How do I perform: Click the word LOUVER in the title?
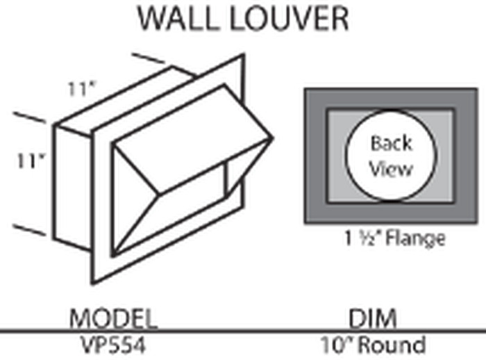[x=290, y=19]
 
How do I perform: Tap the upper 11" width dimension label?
[x=81, y=89]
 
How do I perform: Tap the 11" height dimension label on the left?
[x=31, y=161]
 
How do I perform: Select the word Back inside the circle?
[x=392, y=143]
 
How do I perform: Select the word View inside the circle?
[x=392, y=169]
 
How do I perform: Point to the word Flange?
[x=415, y=239]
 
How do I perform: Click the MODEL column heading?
[x=113, y=318]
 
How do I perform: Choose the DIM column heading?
[x=373, y=318]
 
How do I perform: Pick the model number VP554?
[x=113, y=345]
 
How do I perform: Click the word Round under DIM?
[x=394, y=345]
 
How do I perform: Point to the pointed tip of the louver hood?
[x=273, y=138]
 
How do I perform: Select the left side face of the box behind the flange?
[x=73, y=188]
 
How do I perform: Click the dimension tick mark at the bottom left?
[x=29, y=229]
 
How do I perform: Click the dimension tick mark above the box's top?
[x=148, y=58]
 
